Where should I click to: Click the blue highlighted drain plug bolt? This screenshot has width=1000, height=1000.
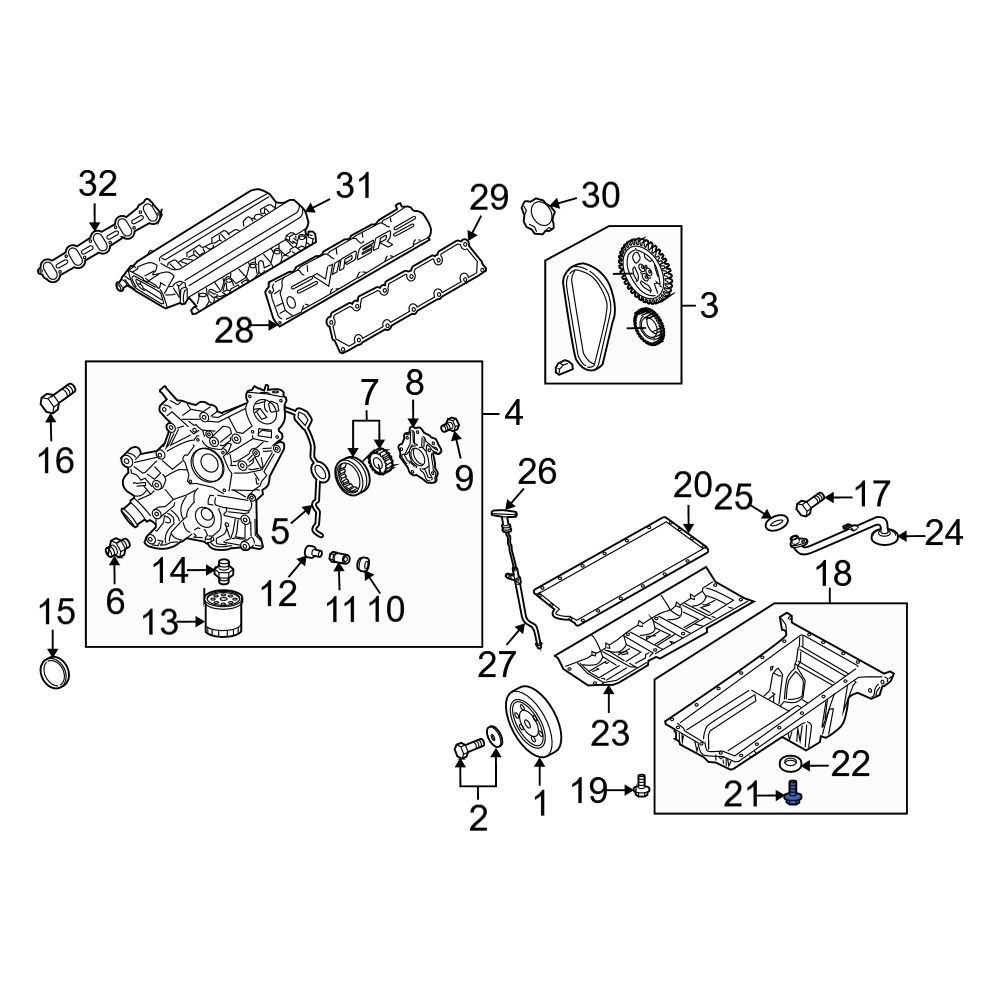point(794,796)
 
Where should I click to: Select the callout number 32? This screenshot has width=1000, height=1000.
point(98,184)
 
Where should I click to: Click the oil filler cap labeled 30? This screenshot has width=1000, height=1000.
point(537,215)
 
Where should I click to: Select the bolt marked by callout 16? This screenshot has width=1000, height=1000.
point(53,400)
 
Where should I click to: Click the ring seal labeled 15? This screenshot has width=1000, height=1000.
point(53,672)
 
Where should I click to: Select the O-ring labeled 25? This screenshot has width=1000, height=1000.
point(773,520)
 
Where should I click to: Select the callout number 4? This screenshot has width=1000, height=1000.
point(513,411)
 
